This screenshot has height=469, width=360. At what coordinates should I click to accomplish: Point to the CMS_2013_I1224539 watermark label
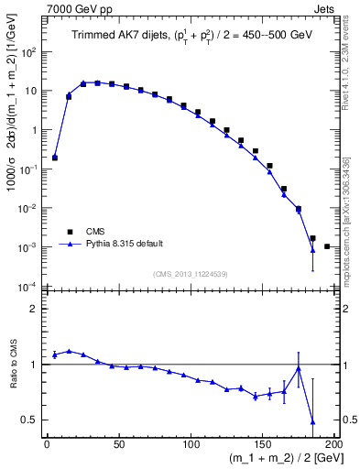point(191,273)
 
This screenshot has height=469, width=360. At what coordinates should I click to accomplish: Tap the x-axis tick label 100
point(191,444)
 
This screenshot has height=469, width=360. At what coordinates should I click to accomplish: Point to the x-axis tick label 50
point(118,444)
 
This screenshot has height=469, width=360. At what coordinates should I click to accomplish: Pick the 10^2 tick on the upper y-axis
point(28,52)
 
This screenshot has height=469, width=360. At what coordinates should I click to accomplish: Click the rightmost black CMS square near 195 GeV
point(327,246)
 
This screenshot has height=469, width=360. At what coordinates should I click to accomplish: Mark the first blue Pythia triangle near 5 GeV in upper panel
point(55,158)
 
